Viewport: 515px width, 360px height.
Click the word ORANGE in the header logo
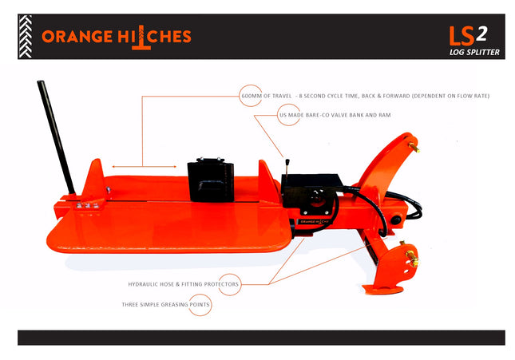point(77,37)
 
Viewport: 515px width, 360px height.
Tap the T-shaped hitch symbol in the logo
point(141,38)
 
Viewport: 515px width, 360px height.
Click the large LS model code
point(462,36)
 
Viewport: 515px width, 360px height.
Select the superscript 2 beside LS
point(481,34)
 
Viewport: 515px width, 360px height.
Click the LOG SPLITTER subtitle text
point(474,52)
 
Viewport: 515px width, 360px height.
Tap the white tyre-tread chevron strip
point(26,37)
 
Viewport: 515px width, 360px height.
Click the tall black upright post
point(56,137)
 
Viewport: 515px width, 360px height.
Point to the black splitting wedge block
point(211,180)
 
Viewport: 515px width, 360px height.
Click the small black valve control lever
point(287,169)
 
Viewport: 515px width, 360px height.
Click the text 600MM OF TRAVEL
point(267,96)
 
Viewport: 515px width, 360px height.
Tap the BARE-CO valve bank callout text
point(335,115)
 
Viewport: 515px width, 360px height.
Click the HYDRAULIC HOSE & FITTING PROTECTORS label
point(184,284)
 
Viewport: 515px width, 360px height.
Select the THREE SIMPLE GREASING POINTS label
point(165,304)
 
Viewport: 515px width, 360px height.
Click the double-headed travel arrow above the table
point(145,167)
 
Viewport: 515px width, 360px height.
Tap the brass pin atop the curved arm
point(414,147)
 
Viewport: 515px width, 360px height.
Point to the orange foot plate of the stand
point(383,290)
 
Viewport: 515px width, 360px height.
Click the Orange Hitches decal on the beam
point(314,222)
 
